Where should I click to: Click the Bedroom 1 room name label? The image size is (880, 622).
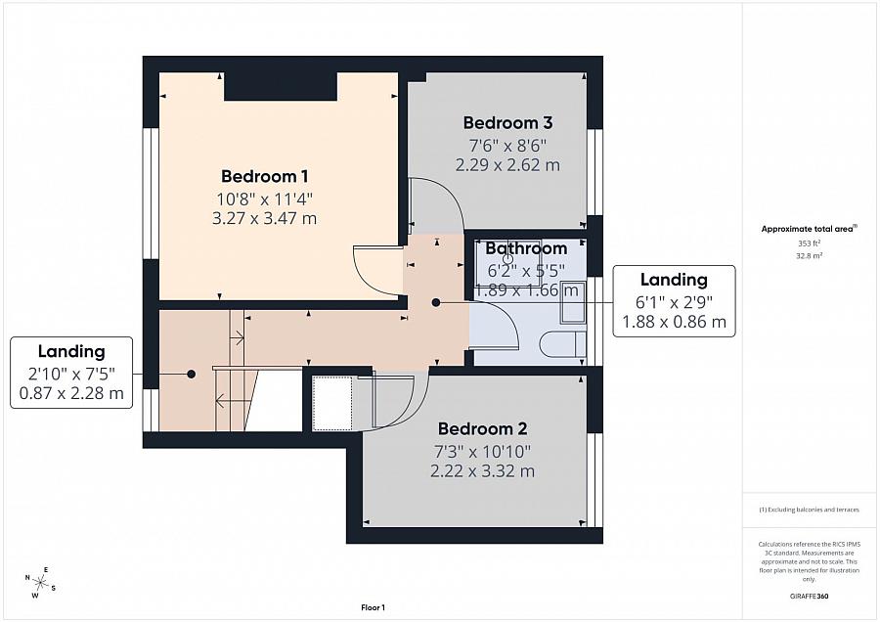pyautogui.click(x=265, y=176)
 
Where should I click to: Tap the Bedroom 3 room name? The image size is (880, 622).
pyautogui.click(x=507, y=123)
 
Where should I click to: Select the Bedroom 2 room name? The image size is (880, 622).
pyautogui.click(x=482, y=428)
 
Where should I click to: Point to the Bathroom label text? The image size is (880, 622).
pyautogui.click(x=526, y=248)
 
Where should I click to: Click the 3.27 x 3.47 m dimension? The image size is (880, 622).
pyautogui.click(x=265, y=219)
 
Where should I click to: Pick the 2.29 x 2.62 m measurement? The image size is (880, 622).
pyautogui.click(x=507, y=165)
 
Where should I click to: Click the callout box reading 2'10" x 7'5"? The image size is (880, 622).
pyautogui.click(x=71, y=373)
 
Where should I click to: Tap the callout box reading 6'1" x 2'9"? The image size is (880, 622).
pyautogui.click(x=674, y=300)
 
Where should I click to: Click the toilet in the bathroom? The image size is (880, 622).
pyautogui.click(x=564, y=345)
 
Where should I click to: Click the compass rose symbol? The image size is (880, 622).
pyautogui.click(x=41, y=583)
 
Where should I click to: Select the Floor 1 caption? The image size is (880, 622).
pyautogui.click(x=374, y=607)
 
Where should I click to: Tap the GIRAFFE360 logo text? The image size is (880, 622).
pyautogui.click(x=809, y=596)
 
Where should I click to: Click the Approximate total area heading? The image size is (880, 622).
pyautogui.click(x=809, y=229)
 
